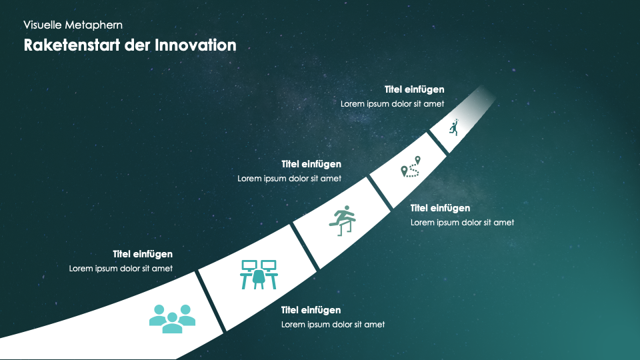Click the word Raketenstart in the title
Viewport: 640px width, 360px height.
click(x=72, y=45)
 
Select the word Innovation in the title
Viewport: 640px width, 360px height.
click(x=195, y=45)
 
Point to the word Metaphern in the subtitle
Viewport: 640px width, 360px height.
click(x=94, y=25)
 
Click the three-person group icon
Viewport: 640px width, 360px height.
click(x=172, y=319)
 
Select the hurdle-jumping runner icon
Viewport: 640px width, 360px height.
click(x=343, y=221)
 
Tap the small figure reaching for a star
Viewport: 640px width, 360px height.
click(x=454, y=127)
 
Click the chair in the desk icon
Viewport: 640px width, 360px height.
click(x=259, y=279)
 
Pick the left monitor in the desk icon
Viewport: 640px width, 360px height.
click(x=249, y=266)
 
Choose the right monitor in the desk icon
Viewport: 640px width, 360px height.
click(x=269, y=266)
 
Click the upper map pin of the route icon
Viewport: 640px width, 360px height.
click(x=417, y=159)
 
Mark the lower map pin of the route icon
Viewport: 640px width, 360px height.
click(x=404, y=171)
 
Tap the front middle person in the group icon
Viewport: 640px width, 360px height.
click(x=172, y=323)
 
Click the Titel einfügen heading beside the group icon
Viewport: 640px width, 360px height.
click(x=143, y=254)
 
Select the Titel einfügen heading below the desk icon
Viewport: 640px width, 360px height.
click(x=311, y=310)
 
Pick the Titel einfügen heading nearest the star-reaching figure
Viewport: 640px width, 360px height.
click(x=414, y=89)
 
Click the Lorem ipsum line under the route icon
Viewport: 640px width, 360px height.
click(x=463, y=223)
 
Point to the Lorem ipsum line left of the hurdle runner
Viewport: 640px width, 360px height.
click(x=289, y=179)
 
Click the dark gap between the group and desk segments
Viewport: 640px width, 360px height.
click(x=211, y=301)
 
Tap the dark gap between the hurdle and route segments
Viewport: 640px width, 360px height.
click(x=381, y=192)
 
